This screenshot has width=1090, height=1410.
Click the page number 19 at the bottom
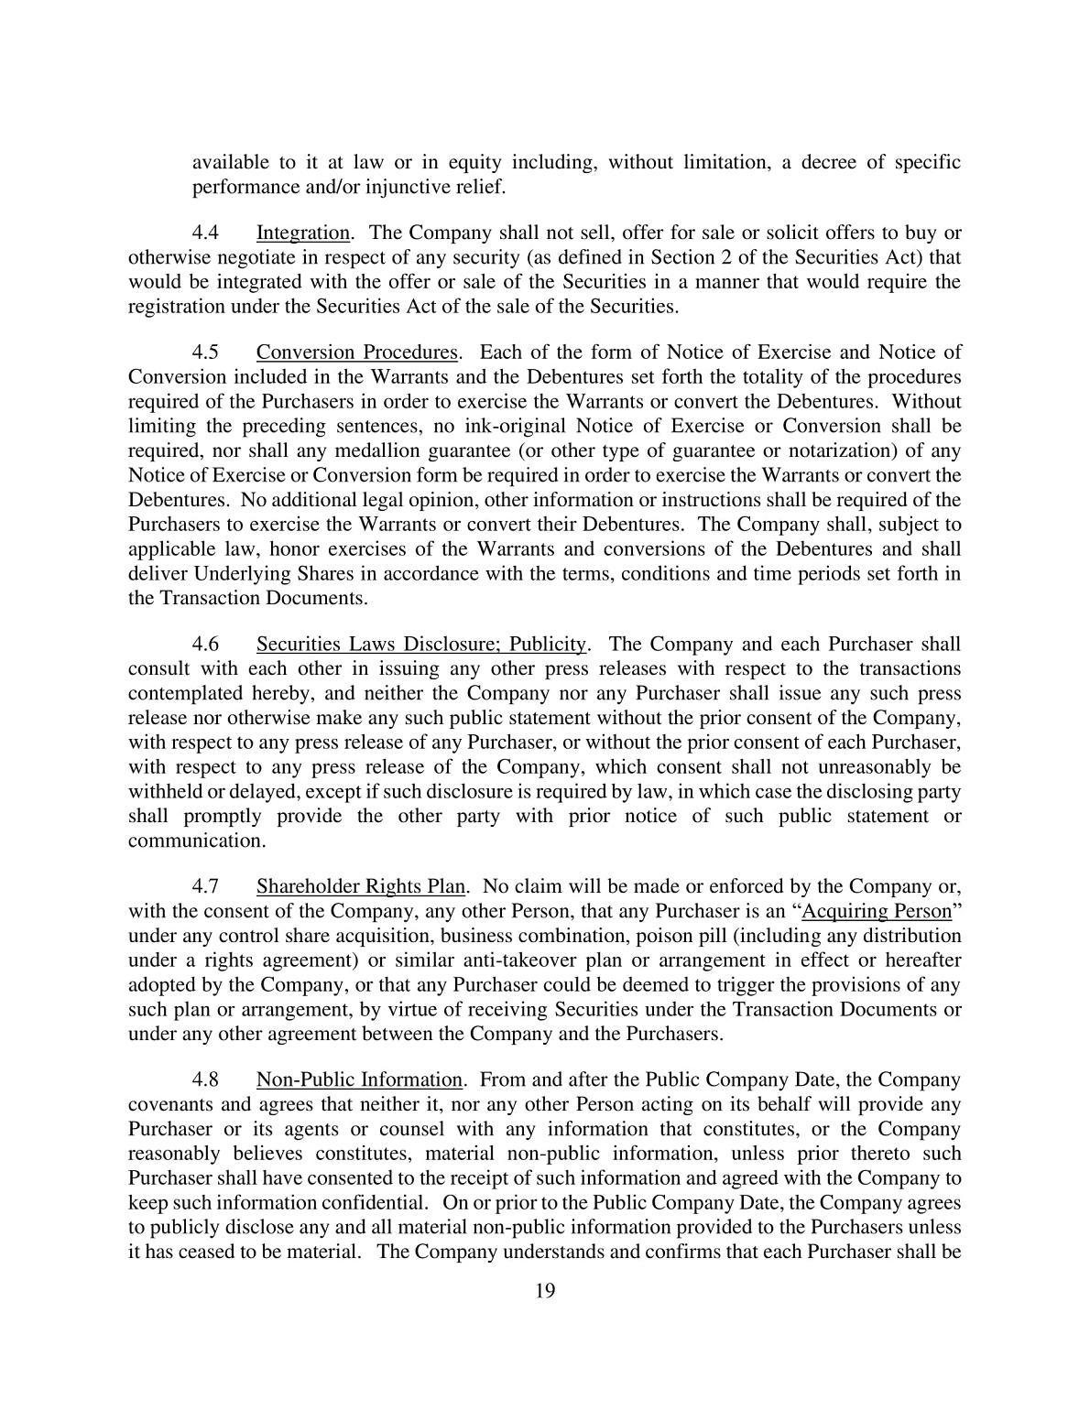click(545, 1291)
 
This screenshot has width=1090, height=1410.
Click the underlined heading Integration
click(302, 233)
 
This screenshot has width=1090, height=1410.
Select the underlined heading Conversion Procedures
click(356, 352)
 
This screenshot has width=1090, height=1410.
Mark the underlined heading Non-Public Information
click(359, 1079)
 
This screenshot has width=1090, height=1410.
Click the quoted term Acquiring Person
click(877, 911)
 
